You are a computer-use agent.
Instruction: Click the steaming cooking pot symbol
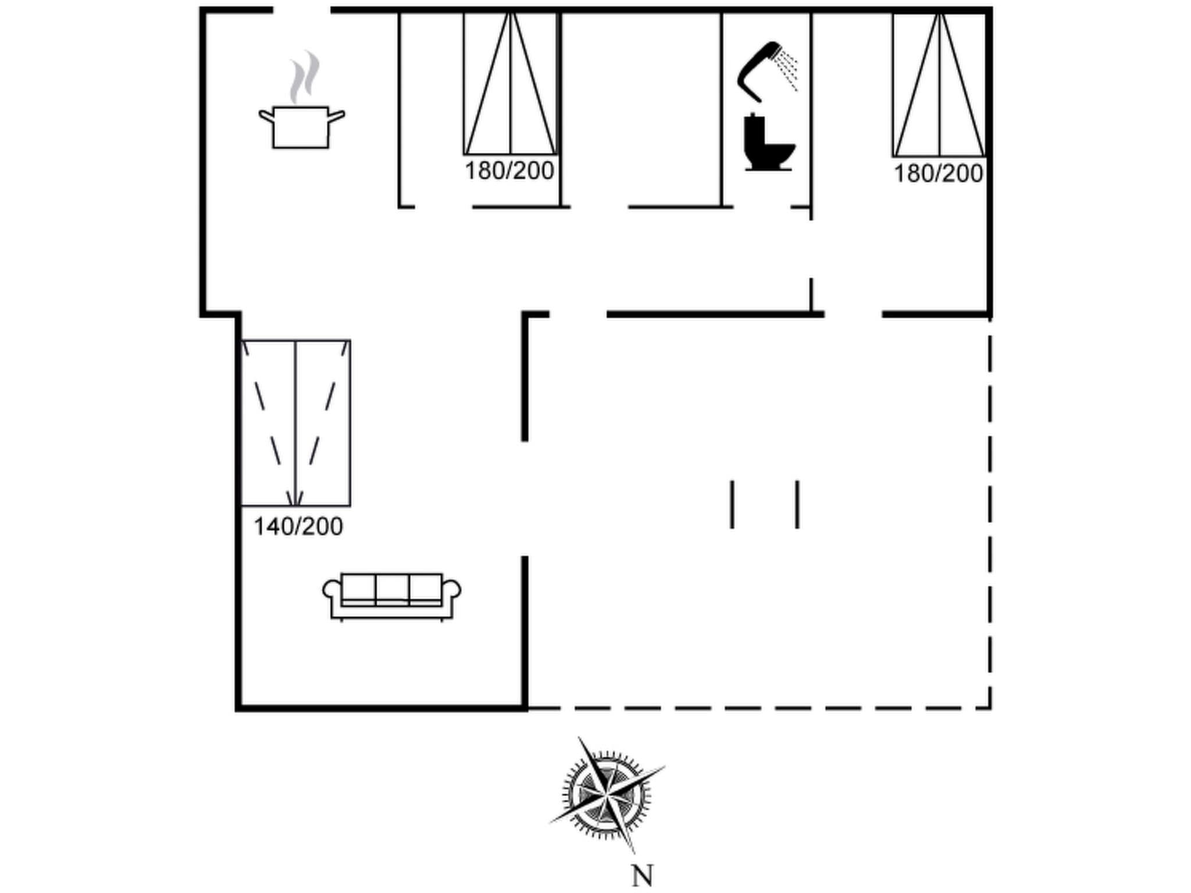click(x=301, y=126)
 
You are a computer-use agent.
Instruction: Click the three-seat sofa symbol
click(x=392, y=596)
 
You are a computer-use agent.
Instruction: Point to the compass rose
click(x=607, y=793)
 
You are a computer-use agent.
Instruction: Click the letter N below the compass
click(x=642, y=876)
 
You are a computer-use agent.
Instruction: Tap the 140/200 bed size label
click(x=298, y=527)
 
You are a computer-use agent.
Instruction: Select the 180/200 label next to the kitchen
click(x=509, y=171)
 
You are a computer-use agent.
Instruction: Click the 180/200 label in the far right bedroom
click(x=938, y=174)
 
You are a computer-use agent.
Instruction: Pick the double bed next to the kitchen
click(x=510, y=84)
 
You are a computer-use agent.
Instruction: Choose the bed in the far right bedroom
click(x=939, y=85)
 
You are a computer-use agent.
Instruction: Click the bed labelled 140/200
click(x=295, y=423)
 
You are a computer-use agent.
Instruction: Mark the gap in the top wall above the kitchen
click(x=302, y=10)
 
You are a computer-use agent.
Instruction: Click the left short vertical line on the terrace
click(x=732, y=504)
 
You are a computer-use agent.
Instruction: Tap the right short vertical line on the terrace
click(x=797, y=504)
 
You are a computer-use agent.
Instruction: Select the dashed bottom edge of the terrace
click(x=756, y=708)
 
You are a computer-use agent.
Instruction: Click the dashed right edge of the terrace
click(x=990, y=512)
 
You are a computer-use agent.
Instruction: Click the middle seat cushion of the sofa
click(x=392, y=588)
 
